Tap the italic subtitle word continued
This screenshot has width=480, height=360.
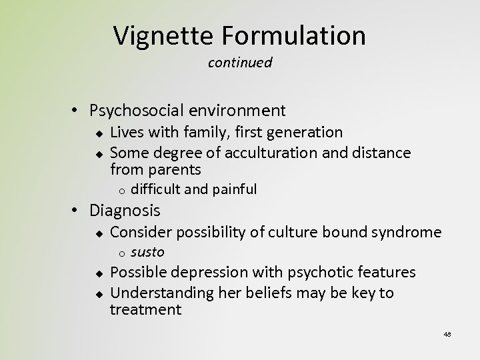pos(240,63)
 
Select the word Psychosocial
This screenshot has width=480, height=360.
pos(135,110)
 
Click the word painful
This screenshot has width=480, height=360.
pos(234,189)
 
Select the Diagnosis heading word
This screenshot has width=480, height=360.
pos(125,211)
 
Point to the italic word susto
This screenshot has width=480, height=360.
pos(147,252)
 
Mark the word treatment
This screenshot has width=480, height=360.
pos(145,309)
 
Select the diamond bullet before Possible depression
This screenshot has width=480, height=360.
pos(98,273)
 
